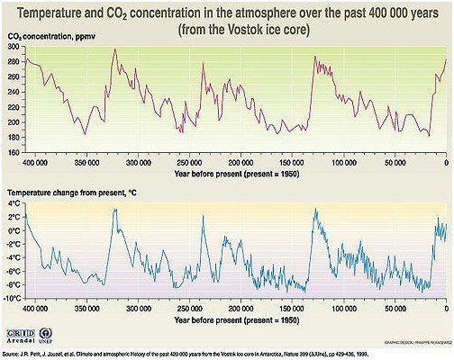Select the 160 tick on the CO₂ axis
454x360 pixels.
[13, 151]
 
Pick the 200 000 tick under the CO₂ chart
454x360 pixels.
[241, 162]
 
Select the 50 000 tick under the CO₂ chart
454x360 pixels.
[395, 162]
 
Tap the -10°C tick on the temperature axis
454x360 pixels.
[12, 298]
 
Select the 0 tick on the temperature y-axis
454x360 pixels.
[14, 231]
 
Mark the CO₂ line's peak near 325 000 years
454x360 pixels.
[114, 50]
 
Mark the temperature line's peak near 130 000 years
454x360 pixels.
[314, 210]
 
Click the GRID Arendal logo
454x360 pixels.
[30, 338]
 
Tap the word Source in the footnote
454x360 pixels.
[12, 355]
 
